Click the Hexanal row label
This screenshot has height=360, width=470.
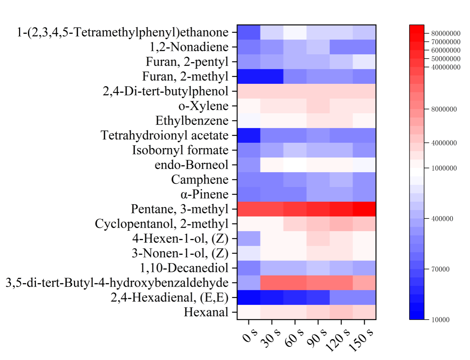[x=206, y=312]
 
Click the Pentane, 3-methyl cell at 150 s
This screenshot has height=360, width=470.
[x=364, y=209]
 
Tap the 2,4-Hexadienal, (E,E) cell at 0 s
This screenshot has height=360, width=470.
[x=249, y=298]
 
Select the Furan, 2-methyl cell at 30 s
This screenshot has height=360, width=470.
[x=272, y=76]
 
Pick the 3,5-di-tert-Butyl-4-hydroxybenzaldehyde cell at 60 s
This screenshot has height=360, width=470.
[x=295, y=283]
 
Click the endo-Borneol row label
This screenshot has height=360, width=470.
[x=192, y=165]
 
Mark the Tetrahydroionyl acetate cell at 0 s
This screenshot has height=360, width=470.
[x=249, y=135]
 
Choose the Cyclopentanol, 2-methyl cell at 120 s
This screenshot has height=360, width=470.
[x=341, y=224]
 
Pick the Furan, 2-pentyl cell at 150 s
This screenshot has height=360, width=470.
[x=364, y=62]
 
